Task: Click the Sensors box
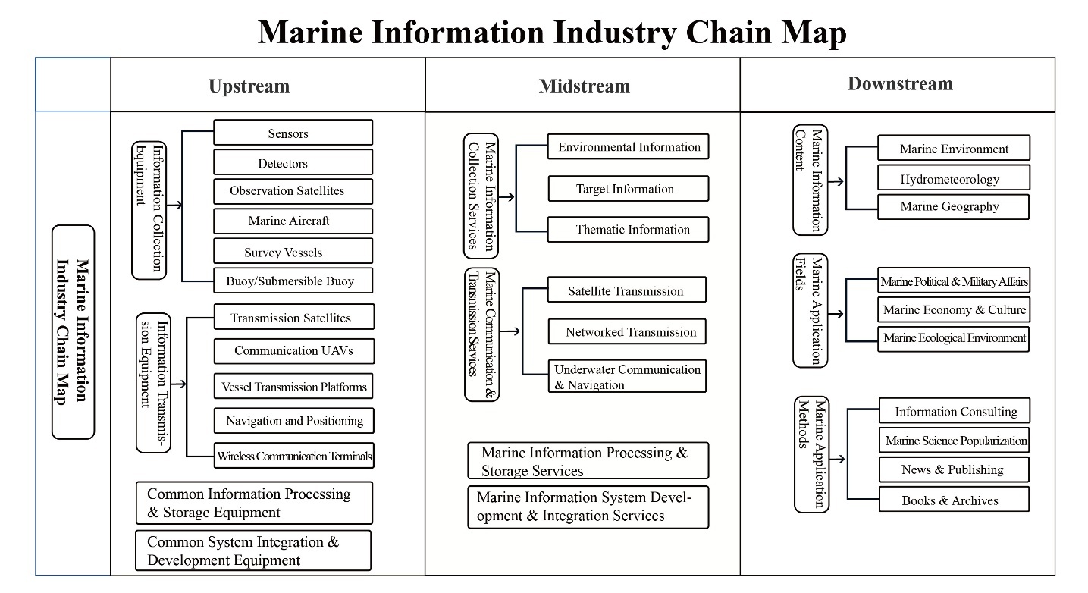point(293,133)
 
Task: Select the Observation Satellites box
point(293,191)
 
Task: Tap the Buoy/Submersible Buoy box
point(293,281)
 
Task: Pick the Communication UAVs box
point(293,350)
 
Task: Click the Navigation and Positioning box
point(293,420)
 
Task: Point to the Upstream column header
point(249,86)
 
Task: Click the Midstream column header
point(584,86)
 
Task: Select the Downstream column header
point(900,84)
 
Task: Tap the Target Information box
point(628,189)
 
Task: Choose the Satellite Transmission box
point(626,290)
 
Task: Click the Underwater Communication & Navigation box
point(626,377)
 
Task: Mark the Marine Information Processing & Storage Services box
point(588,461)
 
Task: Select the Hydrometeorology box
point(953,179)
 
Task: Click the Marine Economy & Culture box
point(953,309)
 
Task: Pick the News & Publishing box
point(953,469)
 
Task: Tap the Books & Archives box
point(953,500)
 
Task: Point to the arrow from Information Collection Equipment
point(176,206)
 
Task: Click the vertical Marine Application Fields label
point(810,312)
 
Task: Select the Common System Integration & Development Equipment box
point(253,551)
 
